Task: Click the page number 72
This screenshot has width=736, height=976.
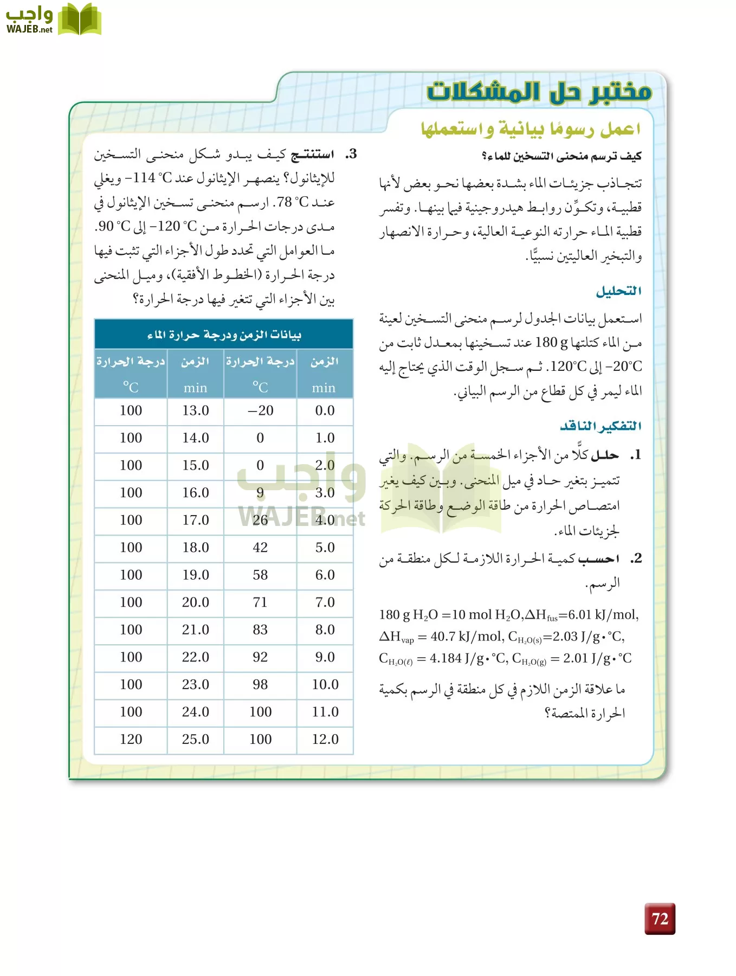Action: [x=660, y=919]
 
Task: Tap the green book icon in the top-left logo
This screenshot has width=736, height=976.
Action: [x=79, y=20]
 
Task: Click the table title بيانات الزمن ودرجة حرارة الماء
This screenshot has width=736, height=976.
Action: [x=223, y=335]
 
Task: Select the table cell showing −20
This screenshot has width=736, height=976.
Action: [x=260, y=410]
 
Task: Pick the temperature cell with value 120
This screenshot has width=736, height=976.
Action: [x=131, y=739]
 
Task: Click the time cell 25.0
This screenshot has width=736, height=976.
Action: [x=195, y=739]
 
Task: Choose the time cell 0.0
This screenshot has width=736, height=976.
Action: [x=325, y=410]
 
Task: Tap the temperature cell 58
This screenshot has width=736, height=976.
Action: [x=260, y=575]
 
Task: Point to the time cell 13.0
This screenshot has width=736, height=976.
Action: [x=195, y=410]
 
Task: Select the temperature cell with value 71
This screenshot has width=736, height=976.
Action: [x=260, y=602]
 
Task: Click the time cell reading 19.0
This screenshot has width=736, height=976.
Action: [x=195, y=575]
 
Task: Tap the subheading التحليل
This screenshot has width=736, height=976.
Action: [x=618, y=291]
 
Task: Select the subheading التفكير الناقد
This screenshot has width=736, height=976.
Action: [x=601, y=426]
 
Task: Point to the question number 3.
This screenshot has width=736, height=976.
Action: [x=351, y=154]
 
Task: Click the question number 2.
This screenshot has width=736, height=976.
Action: [x=636, y=558]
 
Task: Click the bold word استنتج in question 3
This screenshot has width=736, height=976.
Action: [x=313, y=155]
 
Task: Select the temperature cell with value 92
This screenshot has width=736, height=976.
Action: [x=260, y=657]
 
